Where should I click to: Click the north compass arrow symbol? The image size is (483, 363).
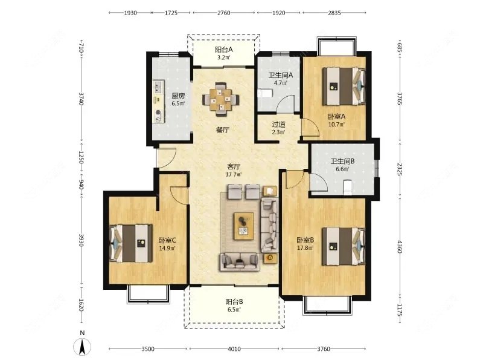82,346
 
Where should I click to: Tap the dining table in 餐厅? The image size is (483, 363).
220,99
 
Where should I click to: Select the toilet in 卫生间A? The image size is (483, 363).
265,93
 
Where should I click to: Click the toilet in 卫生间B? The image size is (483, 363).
348,188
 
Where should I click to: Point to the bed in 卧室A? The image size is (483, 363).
344,87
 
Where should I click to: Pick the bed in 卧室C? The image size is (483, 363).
131,243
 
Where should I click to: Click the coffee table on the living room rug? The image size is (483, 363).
244,226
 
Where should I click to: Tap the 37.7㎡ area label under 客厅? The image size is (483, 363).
234,174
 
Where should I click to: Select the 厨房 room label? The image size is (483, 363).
178,96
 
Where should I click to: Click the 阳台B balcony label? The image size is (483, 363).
234,301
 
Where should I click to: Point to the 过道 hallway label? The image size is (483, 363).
278,125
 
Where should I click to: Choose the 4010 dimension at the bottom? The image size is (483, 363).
234,349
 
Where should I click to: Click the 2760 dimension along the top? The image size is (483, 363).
223,13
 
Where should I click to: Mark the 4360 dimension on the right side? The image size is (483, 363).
400,247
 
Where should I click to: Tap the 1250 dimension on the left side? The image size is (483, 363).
81,157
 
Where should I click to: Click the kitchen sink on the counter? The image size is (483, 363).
159,87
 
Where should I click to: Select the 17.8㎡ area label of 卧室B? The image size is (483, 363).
305,248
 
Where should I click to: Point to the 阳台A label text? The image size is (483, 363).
223,50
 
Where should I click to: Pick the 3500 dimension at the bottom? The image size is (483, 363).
148,349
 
